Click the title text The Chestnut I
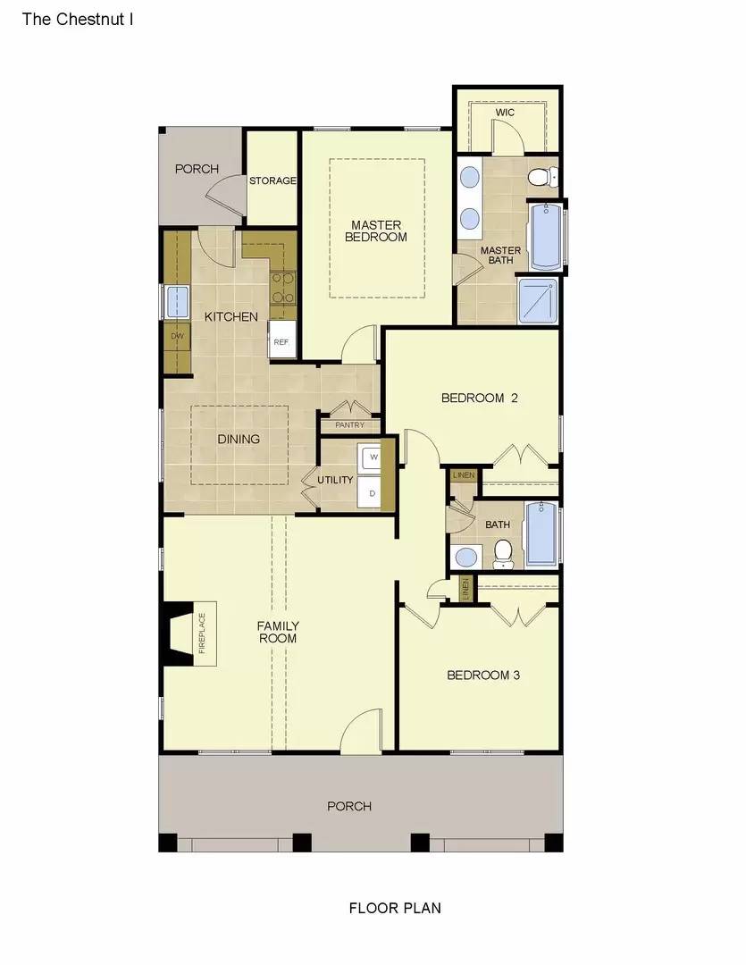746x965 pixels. click(78, 18)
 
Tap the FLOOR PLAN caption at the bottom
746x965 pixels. click(394, 908)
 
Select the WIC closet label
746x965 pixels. click(507, 113)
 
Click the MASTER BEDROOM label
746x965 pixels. click(376, 231)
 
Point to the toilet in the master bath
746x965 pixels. click(541, 175)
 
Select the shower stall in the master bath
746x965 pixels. click(538, 301)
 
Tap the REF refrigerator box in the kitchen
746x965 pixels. click(281, 341)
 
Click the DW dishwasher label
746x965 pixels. click(177, 336)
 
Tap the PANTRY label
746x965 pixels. click(349, 425)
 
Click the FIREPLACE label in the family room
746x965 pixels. click(202, 634)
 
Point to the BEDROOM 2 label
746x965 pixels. click(480, 398)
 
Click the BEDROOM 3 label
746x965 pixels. click(483, 675)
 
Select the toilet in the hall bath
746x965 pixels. click(504, 553)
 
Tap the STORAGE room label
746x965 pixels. click(272, 180)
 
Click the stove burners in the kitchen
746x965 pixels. click(283, 288)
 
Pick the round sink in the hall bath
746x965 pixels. click(466, 558)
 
